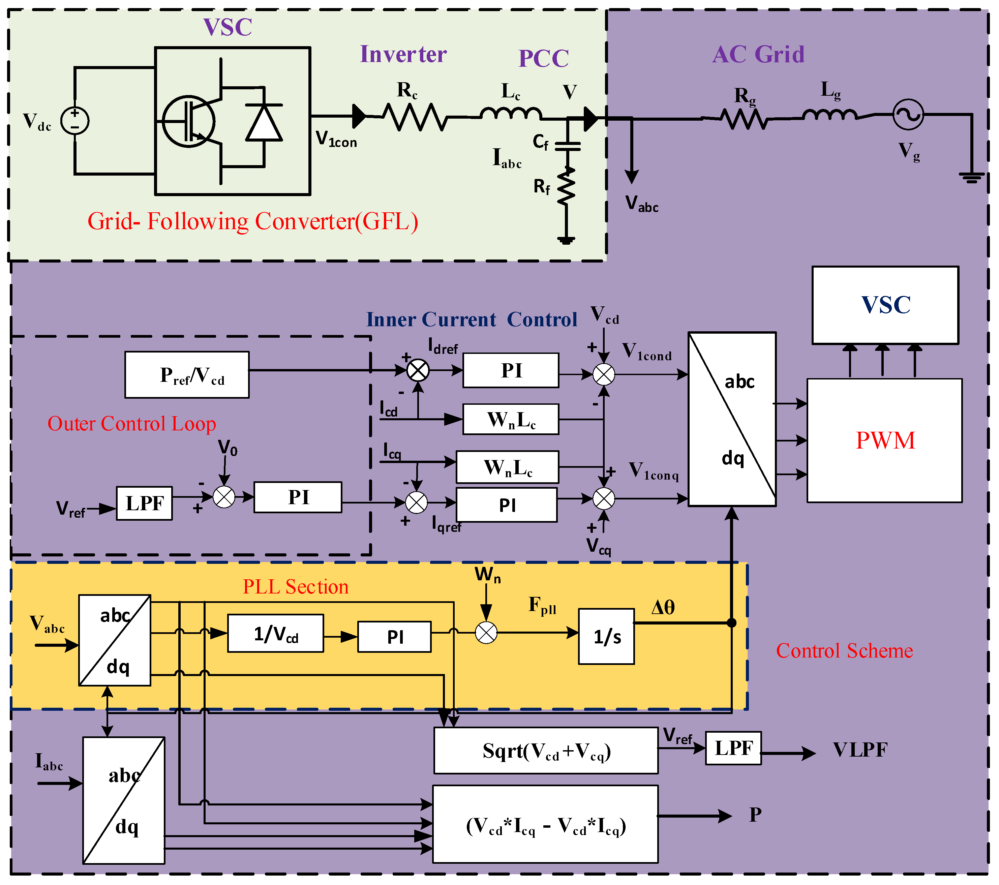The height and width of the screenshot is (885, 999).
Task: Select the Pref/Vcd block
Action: click(x=187, y=375)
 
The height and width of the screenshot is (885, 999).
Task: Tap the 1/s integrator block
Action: click(x=606, y=636)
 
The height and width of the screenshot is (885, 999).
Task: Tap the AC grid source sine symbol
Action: click(x=908, y=115)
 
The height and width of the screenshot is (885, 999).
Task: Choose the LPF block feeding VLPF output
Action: click(x=733, y=748)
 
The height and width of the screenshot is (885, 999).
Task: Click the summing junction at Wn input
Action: click(x=486, y=633)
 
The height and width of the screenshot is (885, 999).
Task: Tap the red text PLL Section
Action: click(x=296, y=586)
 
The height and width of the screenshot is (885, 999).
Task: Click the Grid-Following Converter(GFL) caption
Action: click(x=253, y=221)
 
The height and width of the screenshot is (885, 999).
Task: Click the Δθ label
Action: click(x=663, y=607)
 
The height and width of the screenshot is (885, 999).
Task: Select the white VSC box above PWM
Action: click(x=885, y=305)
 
